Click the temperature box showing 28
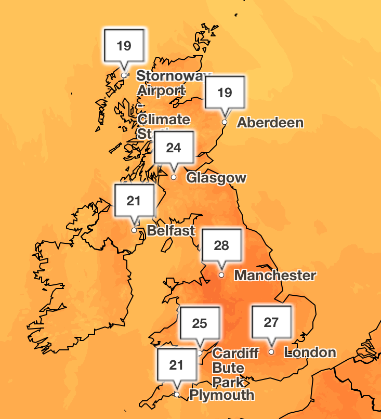point(222,245)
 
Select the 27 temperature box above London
point(271,322)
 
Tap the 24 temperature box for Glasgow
point(174,148)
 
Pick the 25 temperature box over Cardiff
point(200,323)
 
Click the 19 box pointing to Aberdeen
point(225,93)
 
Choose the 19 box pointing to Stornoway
point(124,46)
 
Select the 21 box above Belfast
point(134,200)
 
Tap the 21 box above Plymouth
point(177,365)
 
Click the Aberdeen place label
point(270,123)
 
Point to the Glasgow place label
point(216,178)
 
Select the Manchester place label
point(275,275)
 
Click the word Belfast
point(171,230)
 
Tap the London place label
point(311,352)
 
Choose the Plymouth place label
point(221,395)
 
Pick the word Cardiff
point(235,353)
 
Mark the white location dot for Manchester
point(221,274)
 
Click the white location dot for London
point(271,352)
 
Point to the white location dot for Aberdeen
point(225,122)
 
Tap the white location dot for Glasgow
point(174,177)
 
